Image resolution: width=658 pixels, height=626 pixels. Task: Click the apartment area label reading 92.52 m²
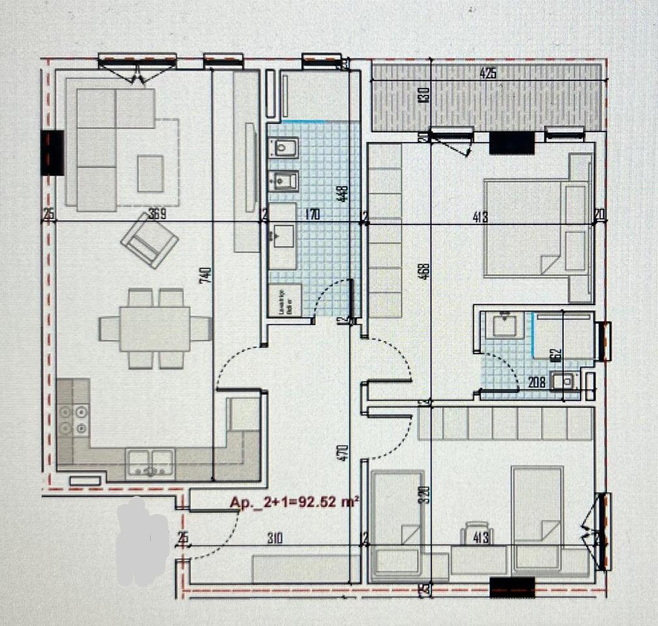click(x=295, y=503)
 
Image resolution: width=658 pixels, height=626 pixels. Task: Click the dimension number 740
click(x=206, y=275)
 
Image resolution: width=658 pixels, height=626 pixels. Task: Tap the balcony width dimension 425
click(x=488, y=74)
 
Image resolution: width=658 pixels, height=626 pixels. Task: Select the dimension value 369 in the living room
click(x=157, y=215)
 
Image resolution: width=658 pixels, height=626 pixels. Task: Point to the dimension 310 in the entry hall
click(x=277, y=539)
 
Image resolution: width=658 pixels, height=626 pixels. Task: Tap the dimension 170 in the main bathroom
click(x=312, y=215)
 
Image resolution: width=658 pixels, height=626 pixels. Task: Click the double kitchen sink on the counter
click(x=151, y=462)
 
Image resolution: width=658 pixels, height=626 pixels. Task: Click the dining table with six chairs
click(x=155, y=328)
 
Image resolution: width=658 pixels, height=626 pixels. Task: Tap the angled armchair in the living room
click(x=149, y=240)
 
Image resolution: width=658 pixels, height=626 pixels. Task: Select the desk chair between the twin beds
click(x=477, y=531)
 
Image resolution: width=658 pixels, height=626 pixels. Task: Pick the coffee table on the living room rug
click(x=151, y=173)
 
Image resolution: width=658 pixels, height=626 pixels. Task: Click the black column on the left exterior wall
click(x=52, y=152)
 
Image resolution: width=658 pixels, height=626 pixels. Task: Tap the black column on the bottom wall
click(x=512, y=586)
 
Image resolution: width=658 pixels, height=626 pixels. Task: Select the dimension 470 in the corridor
click(x=344, y=453)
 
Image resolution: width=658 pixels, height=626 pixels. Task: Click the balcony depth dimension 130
click(x=425, y=96)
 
